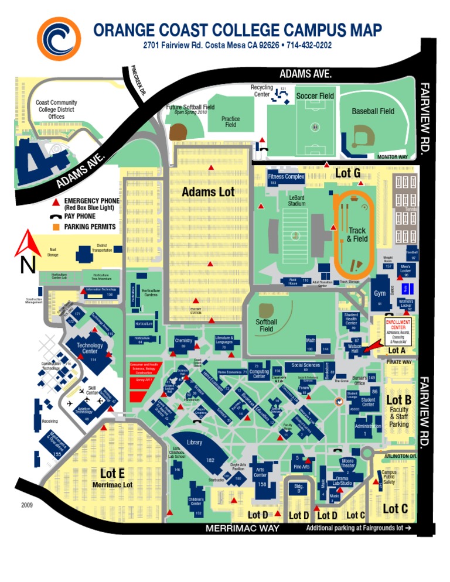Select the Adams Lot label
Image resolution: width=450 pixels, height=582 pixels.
point(208,191)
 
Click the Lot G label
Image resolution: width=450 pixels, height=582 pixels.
point(347,173)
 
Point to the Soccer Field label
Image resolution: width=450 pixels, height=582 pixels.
point(315,95)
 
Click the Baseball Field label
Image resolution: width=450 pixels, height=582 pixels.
point(373,111)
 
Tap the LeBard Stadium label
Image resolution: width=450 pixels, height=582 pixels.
point(297,201)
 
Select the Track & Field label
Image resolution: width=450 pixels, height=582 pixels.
point(357,235)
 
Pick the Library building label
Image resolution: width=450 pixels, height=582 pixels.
point(194,443)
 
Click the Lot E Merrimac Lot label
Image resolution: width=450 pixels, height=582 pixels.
point(112,477)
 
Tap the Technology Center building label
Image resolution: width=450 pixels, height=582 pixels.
point(90,348)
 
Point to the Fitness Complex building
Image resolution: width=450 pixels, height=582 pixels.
point(286,178)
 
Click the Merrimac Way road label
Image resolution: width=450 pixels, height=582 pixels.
point(243,528)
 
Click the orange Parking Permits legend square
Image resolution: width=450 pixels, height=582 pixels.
point(56,227)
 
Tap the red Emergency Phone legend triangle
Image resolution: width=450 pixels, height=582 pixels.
point(56,202)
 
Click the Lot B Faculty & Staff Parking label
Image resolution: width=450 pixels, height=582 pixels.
point(399,410)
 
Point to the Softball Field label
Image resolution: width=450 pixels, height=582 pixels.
point(267,326)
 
